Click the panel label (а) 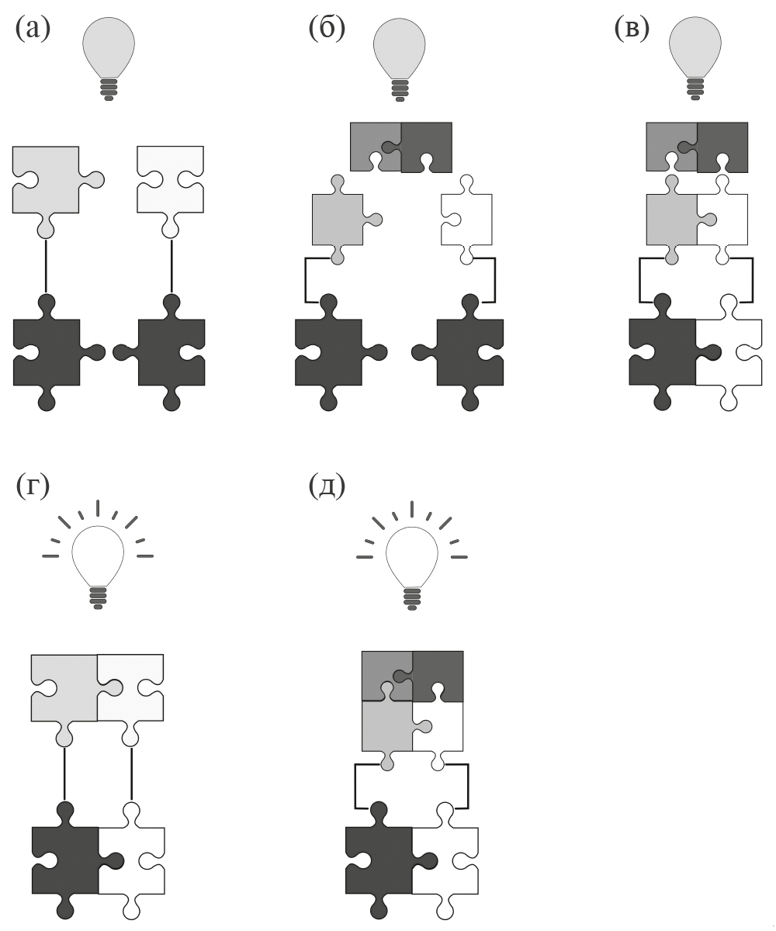click(33, 29)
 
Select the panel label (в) click(631, 29)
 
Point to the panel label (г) click(33, 486)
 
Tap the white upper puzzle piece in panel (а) click(170, 180)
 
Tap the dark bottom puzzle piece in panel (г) click(65, 860)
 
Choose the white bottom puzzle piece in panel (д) click(445, 860)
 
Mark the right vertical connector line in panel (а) click(171, 265)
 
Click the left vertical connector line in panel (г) click(64, 773)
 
